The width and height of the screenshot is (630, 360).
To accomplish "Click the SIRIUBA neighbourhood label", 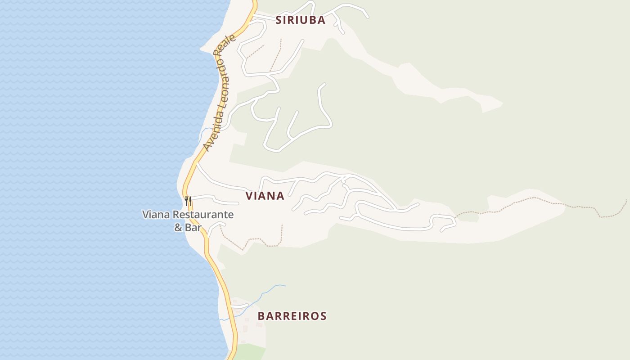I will point(300,20).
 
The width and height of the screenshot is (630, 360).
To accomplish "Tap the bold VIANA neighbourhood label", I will point(265,196).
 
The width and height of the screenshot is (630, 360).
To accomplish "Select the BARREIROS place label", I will point(292,316).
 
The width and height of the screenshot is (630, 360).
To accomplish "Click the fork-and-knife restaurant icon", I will point(188,201).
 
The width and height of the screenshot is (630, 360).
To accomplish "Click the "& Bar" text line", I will point(188,227).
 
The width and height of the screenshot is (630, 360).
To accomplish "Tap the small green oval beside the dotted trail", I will point(468,217).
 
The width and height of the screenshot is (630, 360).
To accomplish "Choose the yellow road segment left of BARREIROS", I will point(228,310).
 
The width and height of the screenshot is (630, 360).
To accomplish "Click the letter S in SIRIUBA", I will point(278,20).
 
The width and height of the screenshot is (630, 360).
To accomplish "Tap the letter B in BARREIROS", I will point(261,316).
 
